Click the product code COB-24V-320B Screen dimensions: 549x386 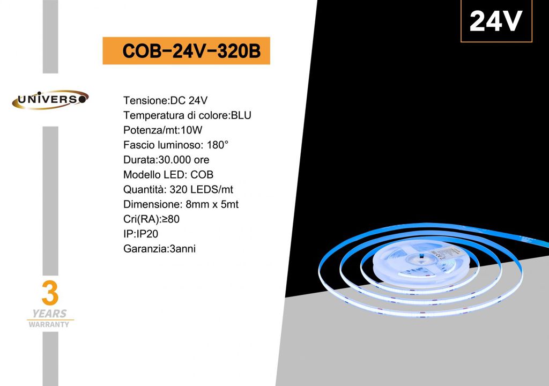click(191, 51)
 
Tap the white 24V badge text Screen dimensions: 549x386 click(496, 21)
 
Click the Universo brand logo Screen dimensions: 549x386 click(50, 100)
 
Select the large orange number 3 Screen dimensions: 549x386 click(50, 293)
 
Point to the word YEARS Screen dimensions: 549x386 click(49, 314)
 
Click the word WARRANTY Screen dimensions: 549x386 click(49, 324)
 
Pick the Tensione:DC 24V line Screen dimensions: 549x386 click(165, 101)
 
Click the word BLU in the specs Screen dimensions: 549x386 click(241, 115)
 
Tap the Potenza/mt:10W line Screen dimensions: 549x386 click(163, 130)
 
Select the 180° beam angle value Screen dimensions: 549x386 click(218, 145)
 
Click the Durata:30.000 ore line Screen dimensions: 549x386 click(166, 160)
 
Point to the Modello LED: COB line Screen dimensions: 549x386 click(168, 174)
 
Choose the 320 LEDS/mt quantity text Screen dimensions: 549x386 click(202, 189)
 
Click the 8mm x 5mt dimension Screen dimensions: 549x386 click(212, 204)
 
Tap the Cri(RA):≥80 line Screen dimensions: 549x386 click(151, 219)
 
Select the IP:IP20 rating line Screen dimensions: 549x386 click(141, 234)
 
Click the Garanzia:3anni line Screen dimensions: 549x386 click(159, 249)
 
